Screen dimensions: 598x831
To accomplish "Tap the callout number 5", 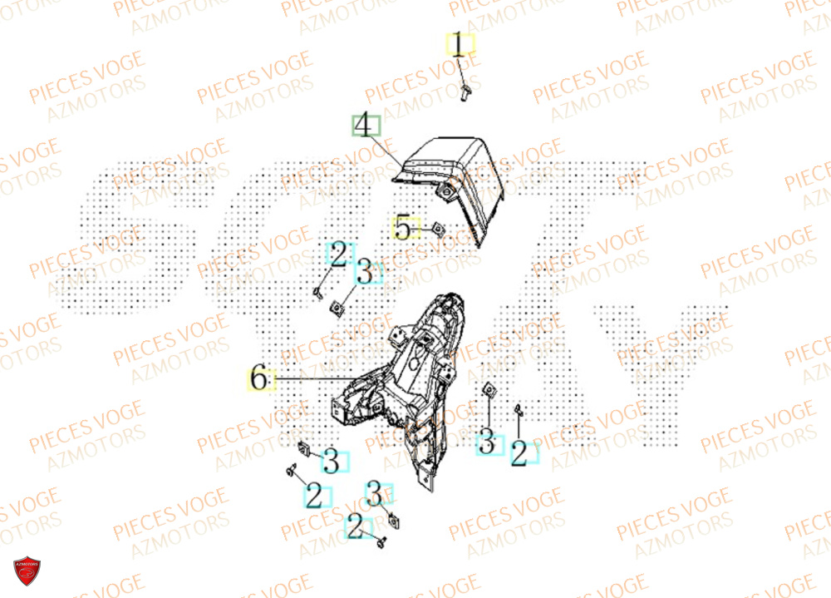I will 403,227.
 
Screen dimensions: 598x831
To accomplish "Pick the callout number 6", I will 259,380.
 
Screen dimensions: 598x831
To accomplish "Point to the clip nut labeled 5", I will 437,226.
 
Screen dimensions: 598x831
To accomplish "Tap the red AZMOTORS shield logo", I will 28,570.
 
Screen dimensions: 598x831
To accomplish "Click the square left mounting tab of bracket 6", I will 341,410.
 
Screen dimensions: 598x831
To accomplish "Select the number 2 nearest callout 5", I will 339,255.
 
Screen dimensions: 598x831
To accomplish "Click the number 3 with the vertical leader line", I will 488,444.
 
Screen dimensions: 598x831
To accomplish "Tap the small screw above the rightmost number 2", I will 518,408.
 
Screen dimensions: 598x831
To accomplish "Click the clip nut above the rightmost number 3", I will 489,388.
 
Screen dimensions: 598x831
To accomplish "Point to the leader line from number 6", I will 307,380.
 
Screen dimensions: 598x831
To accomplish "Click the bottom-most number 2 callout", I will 356,526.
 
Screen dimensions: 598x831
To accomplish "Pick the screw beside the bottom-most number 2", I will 381,542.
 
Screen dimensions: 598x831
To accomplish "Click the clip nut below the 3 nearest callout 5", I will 337,308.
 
